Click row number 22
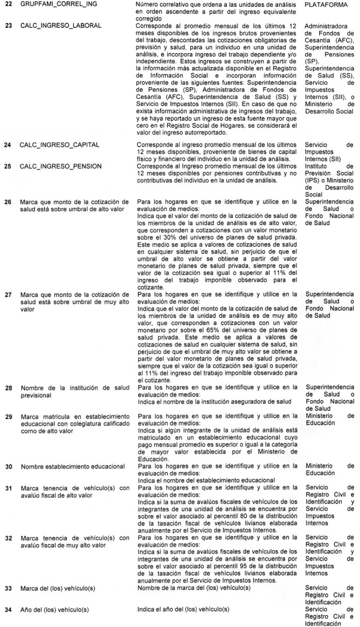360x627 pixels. [8, 4]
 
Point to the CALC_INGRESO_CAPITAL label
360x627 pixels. [60, 146]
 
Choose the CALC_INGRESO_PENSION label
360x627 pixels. [60, 166]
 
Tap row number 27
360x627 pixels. [8, 295]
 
